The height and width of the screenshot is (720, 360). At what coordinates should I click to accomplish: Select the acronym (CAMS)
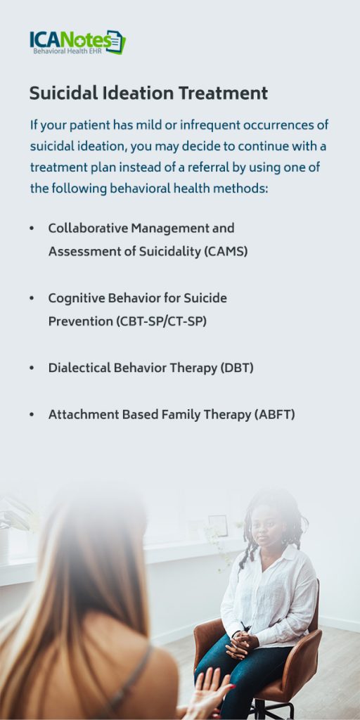tap(226, 251)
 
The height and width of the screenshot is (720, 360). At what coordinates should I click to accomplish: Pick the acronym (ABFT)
tap(274, 415)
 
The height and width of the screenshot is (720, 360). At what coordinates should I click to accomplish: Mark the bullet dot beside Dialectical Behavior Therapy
tap(32, 368)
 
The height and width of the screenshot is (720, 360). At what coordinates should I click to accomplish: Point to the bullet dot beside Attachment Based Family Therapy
tap(32, 416)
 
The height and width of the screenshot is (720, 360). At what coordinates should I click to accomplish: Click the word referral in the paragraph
tap(237, 168)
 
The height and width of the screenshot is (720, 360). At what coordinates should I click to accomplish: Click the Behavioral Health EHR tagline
tap(67, 51)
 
